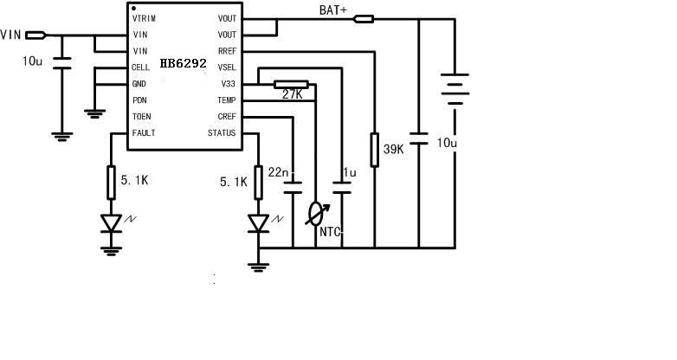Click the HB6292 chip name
(x=183, y=65)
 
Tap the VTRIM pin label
(x=145, y=18)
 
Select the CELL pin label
(x=140, y=67)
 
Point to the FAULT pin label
(x=143, y=133)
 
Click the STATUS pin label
(x=222, y=133)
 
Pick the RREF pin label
(x=227, y=51)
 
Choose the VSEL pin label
(x=227, y=67)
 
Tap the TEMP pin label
(x=227, y=100)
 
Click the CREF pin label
(x=227, y=117)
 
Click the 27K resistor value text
(x=293, y=94)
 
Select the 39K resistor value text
(x=394, y=150)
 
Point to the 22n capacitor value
(x=278, y=172)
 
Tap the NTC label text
(x=331, y=231)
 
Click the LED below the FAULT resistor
(x=111, y=222)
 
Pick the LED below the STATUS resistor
(x=258, y=222)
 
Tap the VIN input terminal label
(x=10, y=35)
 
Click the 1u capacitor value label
(x=349, y=172)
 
